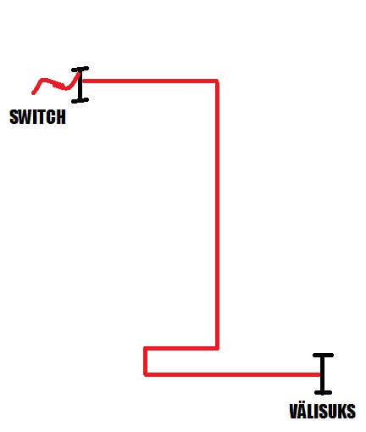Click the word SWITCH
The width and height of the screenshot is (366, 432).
(x=37, y=117)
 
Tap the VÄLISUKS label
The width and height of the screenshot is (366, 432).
(x=323, y=411)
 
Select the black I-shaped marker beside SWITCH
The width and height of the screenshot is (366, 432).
(x=80, y=85)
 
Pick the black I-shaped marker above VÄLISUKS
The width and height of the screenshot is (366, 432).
(x=323, y=373)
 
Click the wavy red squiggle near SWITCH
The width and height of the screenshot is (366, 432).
(x=57, y=84)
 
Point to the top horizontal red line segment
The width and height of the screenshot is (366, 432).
(x=150, y=81)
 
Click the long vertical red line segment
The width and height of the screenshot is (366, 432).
(x=217, y=215)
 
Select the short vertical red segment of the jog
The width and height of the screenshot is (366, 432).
(x=146, y=362)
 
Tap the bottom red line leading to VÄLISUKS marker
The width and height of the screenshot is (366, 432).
(x=233, y=375)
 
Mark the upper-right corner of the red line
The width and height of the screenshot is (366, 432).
(x=217, y=81)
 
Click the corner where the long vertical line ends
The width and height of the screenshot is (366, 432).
(x=217, y=348)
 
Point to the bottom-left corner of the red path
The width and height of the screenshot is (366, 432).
(x=146, y=375)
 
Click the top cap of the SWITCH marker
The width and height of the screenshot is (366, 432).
(x=80, y=69)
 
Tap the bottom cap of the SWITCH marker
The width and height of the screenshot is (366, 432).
(x=80, y=100)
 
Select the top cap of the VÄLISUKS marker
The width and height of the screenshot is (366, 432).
(x=323, y=355)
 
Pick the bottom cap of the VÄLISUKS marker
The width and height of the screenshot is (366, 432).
(x=323, y=392)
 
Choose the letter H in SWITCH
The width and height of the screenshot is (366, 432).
(x=61, y=117)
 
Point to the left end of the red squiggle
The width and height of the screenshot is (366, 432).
(x=33, y=93)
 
